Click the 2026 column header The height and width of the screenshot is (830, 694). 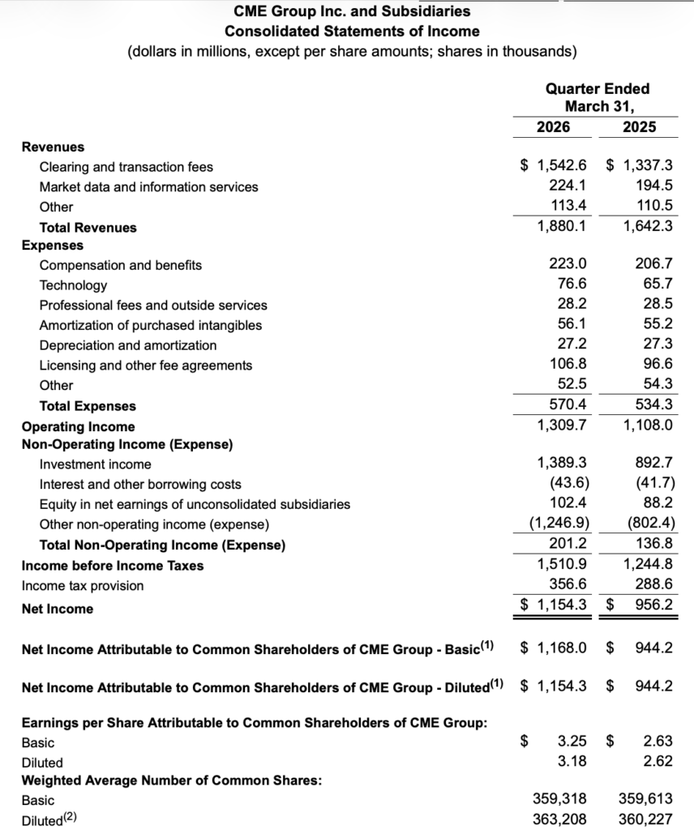[553, 127]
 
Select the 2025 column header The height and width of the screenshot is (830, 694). [640, 127]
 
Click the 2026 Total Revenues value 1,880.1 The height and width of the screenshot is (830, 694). [562, 227]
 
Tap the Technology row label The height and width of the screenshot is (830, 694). [73, 285]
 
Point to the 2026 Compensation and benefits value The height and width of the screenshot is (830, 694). [568, 264]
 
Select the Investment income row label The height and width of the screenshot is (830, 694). [95, 464]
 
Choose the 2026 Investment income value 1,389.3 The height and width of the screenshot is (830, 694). [562, 464]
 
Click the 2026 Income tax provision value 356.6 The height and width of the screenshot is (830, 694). [568, 585]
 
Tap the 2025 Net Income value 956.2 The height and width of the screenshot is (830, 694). [654, 605]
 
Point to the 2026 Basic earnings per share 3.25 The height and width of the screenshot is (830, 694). [572, 742]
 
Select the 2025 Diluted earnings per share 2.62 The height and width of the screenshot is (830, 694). [658, 761]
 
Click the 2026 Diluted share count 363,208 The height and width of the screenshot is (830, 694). [559, 819]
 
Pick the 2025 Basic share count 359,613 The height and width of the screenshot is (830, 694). [645, 798]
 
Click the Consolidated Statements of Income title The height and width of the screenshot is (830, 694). [352, 32]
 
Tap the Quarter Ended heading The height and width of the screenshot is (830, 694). [598, 88]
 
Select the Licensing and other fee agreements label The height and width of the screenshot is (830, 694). [146, 366]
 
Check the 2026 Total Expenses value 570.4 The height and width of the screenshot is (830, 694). [568, 404]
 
